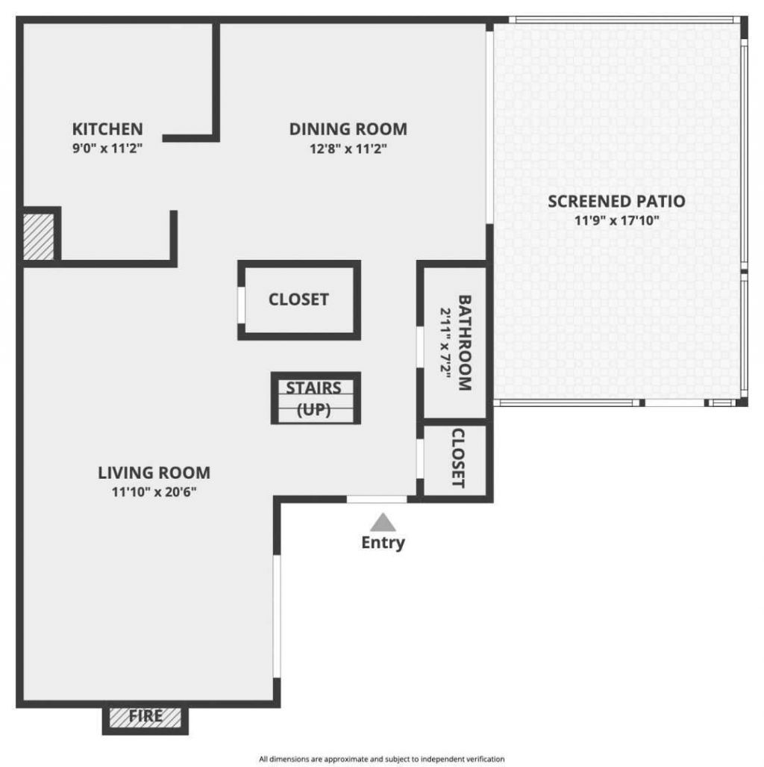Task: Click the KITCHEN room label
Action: tap(107, 128)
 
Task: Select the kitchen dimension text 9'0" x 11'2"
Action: tap(107, 148)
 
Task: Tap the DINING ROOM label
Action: tap(348, 128)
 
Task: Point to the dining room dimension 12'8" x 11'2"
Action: tap(348, 148)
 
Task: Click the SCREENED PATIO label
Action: tap(616, 201)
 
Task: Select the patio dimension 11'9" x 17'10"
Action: tap(616, 220)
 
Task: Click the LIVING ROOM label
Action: tap(154, 473)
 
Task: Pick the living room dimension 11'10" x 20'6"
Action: tap(154, 492)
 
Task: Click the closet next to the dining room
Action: tap(298, 299)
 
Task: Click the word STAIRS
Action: tap(314, 388)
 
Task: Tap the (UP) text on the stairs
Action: tap(314, 409)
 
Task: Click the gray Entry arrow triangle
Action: tap(383, 522)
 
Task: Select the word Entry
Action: tap(383, 542)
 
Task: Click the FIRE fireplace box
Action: tap(145, 716)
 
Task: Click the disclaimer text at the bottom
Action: tap(382, 759)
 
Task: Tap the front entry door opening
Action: tap(377, 499)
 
